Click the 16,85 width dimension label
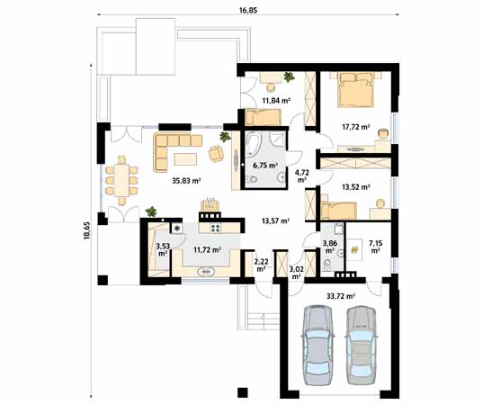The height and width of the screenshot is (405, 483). point(248,10)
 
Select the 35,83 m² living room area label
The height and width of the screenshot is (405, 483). point(186,181)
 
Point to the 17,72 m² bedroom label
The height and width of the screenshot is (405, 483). point(356,126)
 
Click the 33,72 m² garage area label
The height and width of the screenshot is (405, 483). point(341,296)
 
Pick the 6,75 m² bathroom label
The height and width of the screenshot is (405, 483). point(265,166)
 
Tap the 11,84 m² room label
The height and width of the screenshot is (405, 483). point(276,100)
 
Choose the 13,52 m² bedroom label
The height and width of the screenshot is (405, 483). point(356,187)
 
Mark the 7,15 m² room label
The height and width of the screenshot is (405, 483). point(375,247)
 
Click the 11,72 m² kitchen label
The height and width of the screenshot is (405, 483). point(207,249)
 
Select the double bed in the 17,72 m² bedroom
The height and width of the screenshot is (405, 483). point(356,89)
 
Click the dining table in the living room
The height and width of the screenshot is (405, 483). point(122,180)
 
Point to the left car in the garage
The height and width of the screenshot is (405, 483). point(318,345)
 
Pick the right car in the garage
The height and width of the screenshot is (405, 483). point(361,345)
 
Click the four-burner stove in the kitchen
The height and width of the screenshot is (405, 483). point(215,228)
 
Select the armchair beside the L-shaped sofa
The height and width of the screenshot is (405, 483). point(216,153)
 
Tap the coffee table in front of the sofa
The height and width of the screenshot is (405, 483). point(185,159)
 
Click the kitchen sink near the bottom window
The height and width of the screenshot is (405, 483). point(206,272)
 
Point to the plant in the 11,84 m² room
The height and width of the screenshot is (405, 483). point(289,76)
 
